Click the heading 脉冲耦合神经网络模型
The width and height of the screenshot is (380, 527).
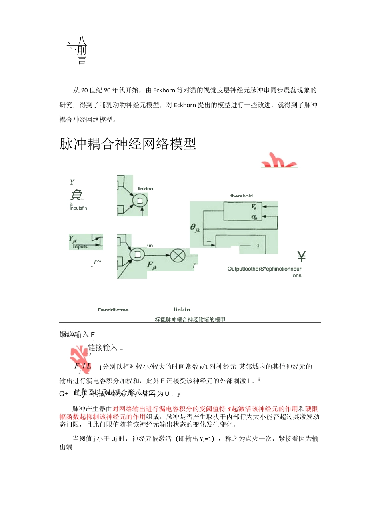tap(128, 144)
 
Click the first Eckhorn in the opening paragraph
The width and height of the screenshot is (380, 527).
tap(164, 90)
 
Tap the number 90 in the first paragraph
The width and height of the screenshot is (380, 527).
tap(107, 90)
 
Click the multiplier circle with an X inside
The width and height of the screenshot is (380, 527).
tap(178, 255)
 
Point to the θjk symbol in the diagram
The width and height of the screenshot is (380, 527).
tap(195, 228)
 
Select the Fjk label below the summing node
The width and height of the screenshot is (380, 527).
tap(152, 265)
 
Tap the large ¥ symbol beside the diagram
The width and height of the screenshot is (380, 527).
tap(301, 256)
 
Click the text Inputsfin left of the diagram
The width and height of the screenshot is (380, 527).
tap(78, 208)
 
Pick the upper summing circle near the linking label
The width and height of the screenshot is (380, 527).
tap(140, 201)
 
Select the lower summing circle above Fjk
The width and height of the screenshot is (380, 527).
tap(137, 254)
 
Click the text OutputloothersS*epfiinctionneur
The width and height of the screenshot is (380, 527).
tap(264, 269)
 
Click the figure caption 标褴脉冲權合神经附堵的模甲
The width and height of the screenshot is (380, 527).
tap(190, 319)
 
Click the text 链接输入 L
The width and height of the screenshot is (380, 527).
tap(105, 348)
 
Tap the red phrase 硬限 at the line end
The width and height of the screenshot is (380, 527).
tap(312, 409)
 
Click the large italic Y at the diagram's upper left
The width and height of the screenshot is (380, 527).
tap(72, 182)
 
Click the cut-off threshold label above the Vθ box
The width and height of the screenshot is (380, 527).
tap(241, 196)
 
